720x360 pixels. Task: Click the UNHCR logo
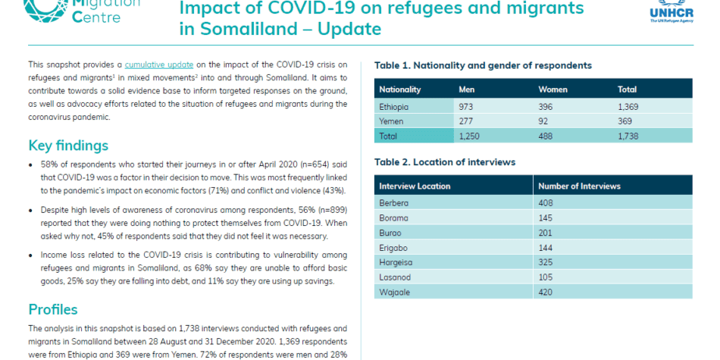coord(671,11)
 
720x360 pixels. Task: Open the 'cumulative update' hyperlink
coord(159,64)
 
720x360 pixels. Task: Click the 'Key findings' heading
coord(68,146)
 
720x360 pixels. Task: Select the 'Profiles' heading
coord(53,309)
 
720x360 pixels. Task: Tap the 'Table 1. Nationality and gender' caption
coord(483,65)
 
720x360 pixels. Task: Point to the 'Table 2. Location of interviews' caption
coord(445,162)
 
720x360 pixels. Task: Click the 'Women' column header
coord(553,89)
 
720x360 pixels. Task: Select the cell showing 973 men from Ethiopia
coord(465,107)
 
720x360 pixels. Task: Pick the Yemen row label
coord(391,122)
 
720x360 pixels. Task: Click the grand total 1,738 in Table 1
coord(628,136)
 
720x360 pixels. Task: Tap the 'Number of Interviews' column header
coord(580,186)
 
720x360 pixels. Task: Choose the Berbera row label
coord(394,202)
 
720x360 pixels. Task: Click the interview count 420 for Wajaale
coord(546,292)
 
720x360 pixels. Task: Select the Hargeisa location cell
coord(396,262)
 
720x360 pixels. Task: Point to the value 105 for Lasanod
coord(546,277)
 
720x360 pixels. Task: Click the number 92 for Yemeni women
coord(543,122)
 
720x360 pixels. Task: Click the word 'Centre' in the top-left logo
coord(97,17)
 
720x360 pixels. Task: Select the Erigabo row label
coord(393,248)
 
